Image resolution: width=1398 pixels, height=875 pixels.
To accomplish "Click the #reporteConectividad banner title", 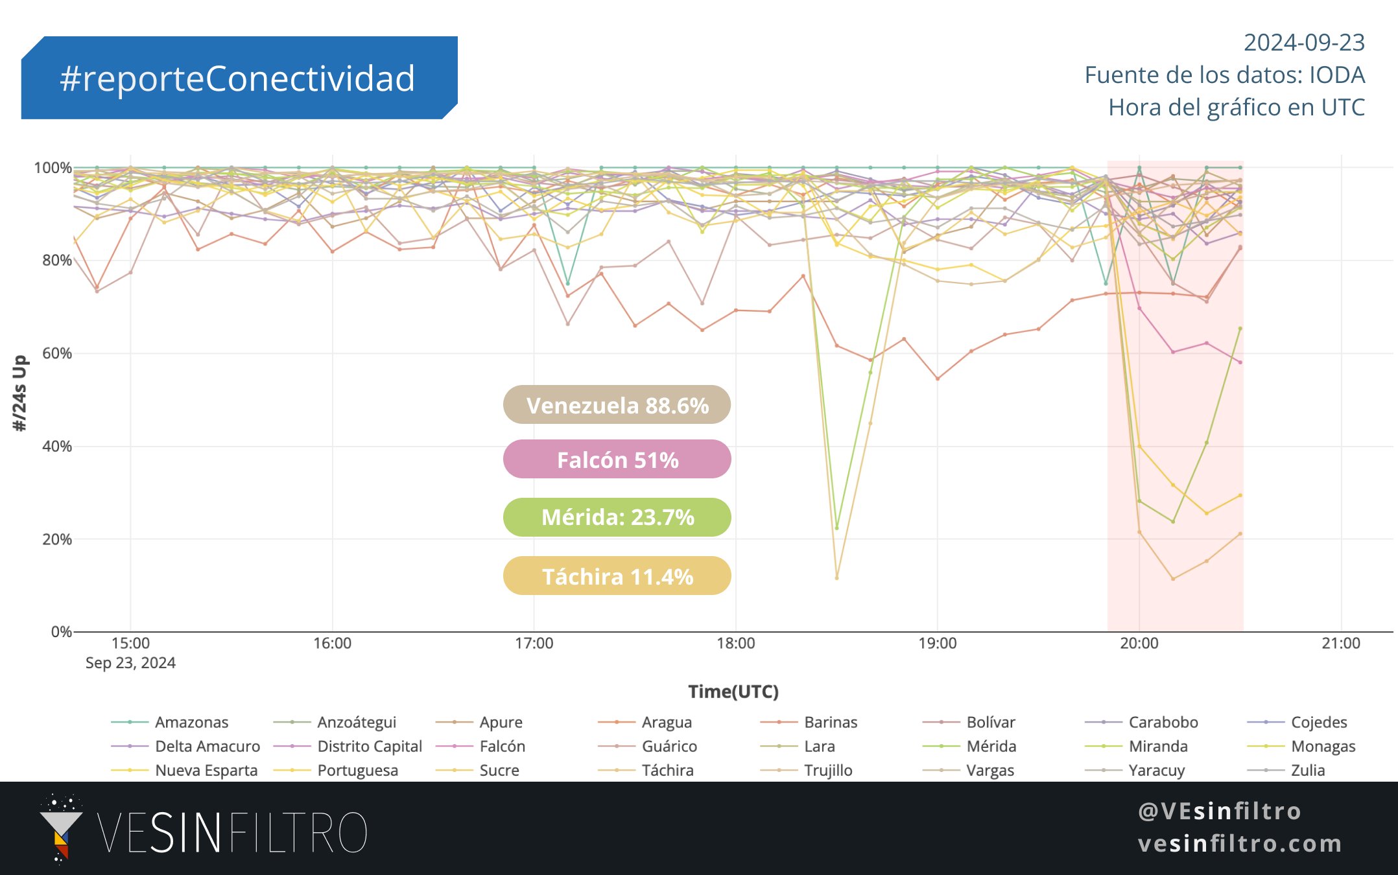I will pyautogui.click(x=237, y=78).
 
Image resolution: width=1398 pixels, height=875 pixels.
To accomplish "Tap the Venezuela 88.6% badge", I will pyautogui.click(x=617, y=405).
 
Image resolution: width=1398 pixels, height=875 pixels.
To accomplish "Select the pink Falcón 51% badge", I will pyautogui.click(x=617, y=460).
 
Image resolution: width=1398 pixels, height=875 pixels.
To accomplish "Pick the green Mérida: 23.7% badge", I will pyautogui.click(x=617, y=517).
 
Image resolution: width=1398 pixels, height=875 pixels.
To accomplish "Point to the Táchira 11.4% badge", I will pyautogui.click(x=617, y=576).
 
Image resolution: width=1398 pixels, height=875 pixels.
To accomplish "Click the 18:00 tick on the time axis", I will pyautogui.click(x=735, y=643).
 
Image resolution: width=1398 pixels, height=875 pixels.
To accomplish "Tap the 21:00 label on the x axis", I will pyautogui.click(x=1340, y=643).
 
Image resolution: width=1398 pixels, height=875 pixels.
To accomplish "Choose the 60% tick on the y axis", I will pyautogui.click(x=57, y=353).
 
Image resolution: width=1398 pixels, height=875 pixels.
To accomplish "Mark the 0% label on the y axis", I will pyautogui.click(x=62, y=632).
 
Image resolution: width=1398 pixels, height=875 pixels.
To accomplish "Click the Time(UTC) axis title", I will pyautogui.click(x=733, y=692).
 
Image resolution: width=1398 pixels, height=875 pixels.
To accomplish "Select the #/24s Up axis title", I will pyautogui.click(x=20, y=393).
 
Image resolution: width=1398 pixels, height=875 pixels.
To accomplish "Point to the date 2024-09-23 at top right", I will pyautogui.click(x=1304, y=43).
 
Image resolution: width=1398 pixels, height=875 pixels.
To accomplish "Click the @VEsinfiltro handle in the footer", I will pyautogui.click(x=1220, y=811).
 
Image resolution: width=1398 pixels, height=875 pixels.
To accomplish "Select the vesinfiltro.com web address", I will pyautogui.click(x=1240, y=843).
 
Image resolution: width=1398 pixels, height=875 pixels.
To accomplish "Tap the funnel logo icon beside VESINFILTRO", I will pyautogui.click(x=60, y=829).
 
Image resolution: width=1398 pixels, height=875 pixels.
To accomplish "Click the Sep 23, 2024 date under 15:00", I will pyautogui.click(x=130, y=662).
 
